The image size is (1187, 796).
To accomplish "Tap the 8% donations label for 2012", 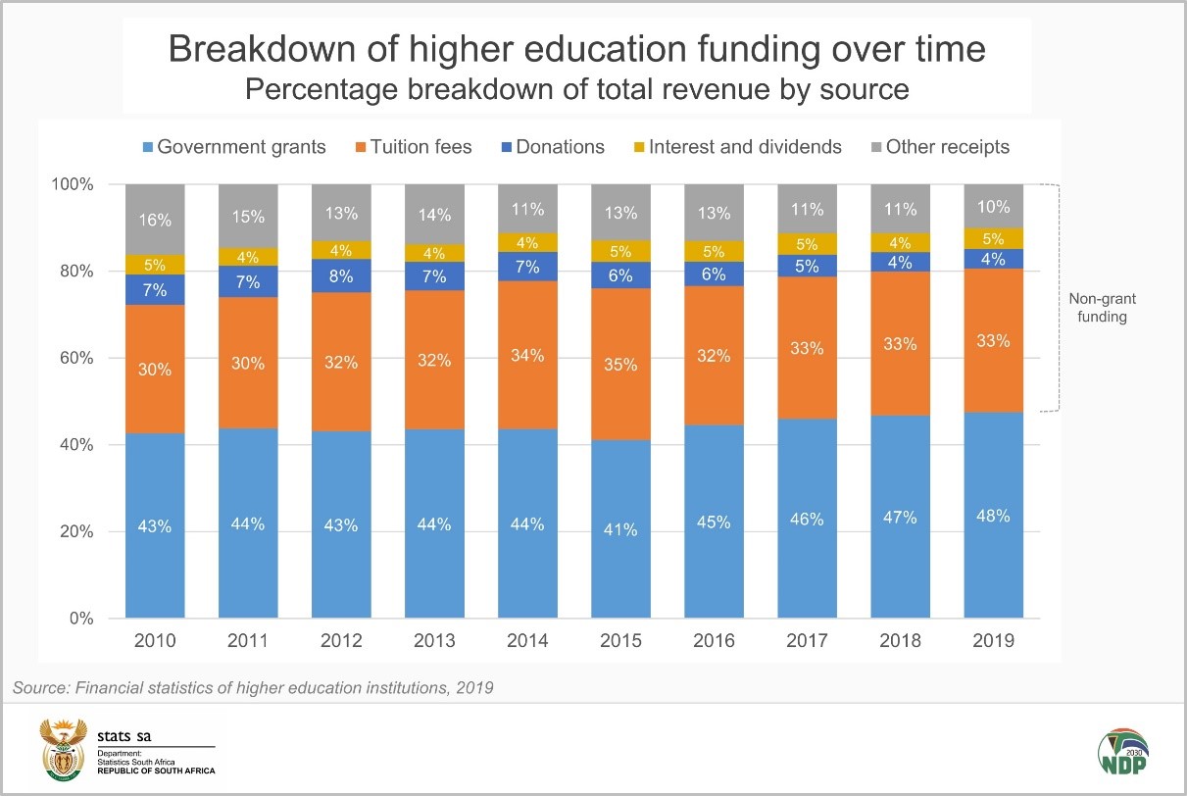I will [341, 275].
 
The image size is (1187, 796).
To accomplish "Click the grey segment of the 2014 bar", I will [527, 208].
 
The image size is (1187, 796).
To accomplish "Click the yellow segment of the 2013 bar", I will [434, 252].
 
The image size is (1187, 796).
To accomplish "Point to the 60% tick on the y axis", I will [74, 358].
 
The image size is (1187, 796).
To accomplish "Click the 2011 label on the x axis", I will [248, 641].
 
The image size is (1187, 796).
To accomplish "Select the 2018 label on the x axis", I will [900, 641].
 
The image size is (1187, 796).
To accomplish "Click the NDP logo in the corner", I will [1122, 756].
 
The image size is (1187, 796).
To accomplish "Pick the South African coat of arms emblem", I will [64, 748].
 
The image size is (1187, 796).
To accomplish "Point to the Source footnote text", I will [253, 687].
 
